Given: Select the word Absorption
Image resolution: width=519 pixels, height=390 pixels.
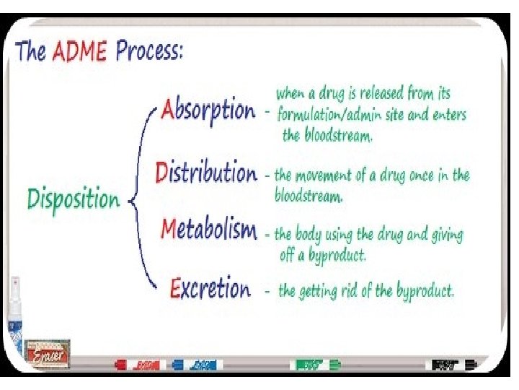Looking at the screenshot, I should pyautogui.click(x=208, y=110).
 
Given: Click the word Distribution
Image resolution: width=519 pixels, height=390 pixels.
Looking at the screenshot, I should pyautogui.click(x=206, y=173).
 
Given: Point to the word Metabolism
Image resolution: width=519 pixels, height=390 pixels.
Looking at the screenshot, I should pyautogui.click(x=208, y=230).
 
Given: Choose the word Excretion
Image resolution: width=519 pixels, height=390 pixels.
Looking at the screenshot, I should pyautogui.click(x=210, y=290).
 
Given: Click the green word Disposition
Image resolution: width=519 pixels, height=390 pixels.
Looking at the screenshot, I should pyautogui.click(x=74, y=199).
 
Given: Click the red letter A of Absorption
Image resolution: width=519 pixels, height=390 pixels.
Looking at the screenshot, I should pyautogui.click(x=167, y=110).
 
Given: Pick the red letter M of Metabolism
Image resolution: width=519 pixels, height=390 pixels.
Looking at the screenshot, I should pyautogui.click(x=168, y=230).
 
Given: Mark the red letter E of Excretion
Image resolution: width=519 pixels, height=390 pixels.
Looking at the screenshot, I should pyautogui.click(x=175, y=289).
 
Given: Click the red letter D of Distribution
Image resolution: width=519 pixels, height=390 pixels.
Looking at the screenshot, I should pyautogui.click(x=162, y=173).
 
